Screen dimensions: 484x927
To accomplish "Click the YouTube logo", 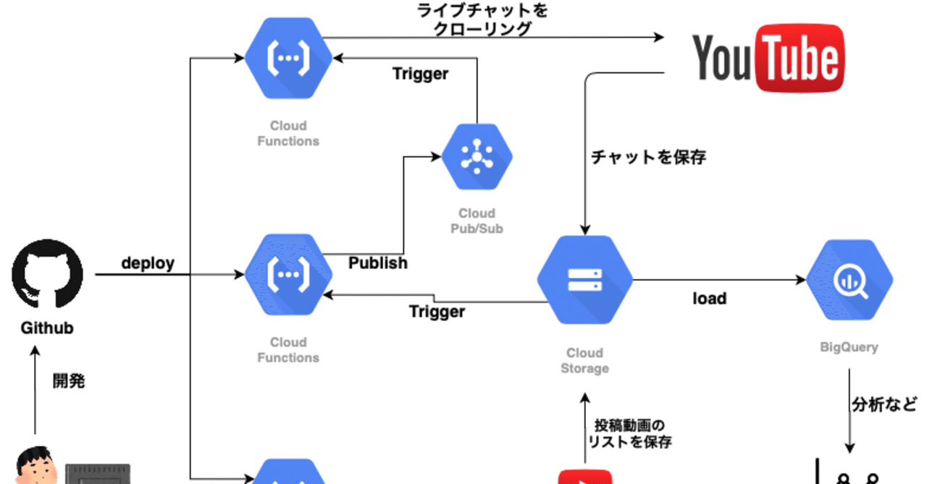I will [768, 59].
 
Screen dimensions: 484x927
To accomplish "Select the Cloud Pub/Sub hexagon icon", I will [477, 156].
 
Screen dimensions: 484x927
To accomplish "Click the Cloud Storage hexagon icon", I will [584, 280].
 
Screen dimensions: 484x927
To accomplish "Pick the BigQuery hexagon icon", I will [849, 280].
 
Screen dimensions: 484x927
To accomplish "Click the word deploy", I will [148, 263].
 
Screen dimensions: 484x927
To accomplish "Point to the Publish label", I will [378, 263].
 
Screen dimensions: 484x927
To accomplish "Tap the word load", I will [709, 298].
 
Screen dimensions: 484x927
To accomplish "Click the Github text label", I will [47, 328].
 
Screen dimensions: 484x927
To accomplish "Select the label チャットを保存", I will [648, 157].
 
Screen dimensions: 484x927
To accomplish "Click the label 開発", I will [69, 381].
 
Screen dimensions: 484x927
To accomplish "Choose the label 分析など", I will [884, 403].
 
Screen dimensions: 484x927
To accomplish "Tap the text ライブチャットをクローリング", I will [484, 20].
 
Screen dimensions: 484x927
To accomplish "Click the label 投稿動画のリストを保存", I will [629, 433].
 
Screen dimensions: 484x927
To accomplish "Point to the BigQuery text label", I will [849, 347].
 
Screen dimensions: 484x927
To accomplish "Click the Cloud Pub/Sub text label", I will [477, 221].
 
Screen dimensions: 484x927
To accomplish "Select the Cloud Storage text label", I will [584, 360].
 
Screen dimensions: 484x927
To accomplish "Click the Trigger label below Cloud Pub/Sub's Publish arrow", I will [437, 312].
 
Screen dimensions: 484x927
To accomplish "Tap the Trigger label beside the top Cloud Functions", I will [420, 74].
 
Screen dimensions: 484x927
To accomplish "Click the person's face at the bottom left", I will [35, 467].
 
